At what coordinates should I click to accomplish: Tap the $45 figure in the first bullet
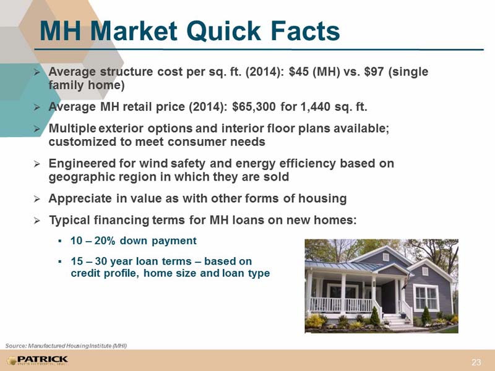[x=298, y=72]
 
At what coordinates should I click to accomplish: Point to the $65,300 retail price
[x=254, y=107]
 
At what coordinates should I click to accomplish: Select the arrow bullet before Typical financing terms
[x=37, y=220]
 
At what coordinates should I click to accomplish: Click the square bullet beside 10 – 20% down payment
[x=59, y=242]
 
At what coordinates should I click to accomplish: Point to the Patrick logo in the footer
[x=38, y=360]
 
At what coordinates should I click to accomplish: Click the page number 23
[x=476, y=362]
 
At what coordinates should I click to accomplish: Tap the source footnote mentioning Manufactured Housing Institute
[x=66, y=346]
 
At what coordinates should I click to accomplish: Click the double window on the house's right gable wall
[x=426, y=298]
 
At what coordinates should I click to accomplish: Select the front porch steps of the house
[x=395, y=321]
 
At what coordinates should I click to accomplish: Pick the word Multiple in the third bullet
[x=72, y=129]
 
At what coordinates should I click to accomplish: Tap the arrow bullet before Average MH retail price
[x=37, y=107]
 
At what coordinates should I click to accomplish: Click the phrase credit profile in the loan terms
[x=105, y=273]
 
